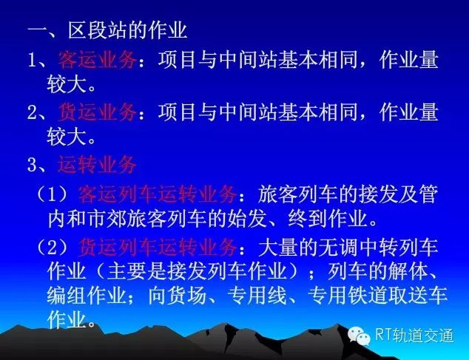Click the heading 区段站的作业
coord(127,30)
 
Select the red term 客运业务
coord(97,60)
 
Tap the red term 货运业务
coord(97,112)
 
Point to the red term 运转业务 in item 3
coord(97,164)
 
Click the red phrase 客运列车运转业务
coord(158,194)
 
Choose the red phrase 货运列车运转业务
coord(158,248)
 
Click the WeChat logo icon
coord(359,336)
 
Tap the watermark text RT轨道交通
coord(414,335)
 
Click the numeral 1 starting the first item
coord(32,61)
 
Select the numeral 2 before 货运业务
coord(32,112)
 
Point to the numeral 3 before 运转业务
coord(32,165)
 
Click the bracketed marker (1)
coord(52,195)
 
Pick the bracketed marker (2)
coord(52,248)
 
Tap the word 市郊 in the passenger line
coord(108,219)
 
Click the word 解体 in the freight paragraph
coord(408,271)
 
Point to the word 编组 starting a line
coord(67,296)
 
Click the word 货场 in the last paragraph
coord(187,296)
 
